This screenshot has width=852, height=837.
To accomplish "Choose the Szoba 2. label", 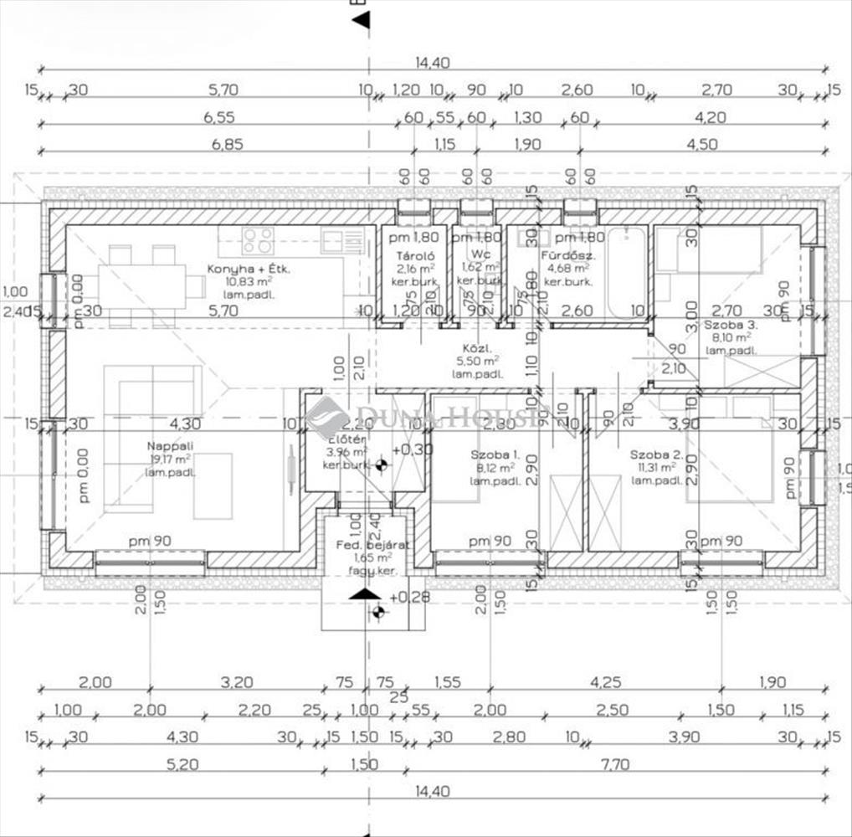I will click(x=657, y=454).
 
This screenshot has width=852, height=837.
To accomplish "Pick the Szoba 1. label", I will click(x=495, y=454).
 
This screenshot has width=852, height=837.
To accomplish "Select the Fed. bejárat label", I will click(x=371, y=543).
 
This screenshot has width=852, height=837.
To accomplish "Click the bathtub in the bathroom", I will click(x=625, y=272).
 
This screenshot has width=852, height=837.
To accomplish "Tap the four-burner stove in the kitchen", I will click(x=258, y=240).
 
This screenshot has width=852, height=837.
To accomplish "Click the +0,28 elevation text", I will click(x=408, y=597).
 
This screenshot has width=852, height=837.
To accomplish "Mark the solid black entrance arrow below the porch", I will click(x=365, y=593).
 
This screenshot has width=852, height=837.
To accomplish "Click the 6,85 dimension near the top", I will click(x=227, y=144).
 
